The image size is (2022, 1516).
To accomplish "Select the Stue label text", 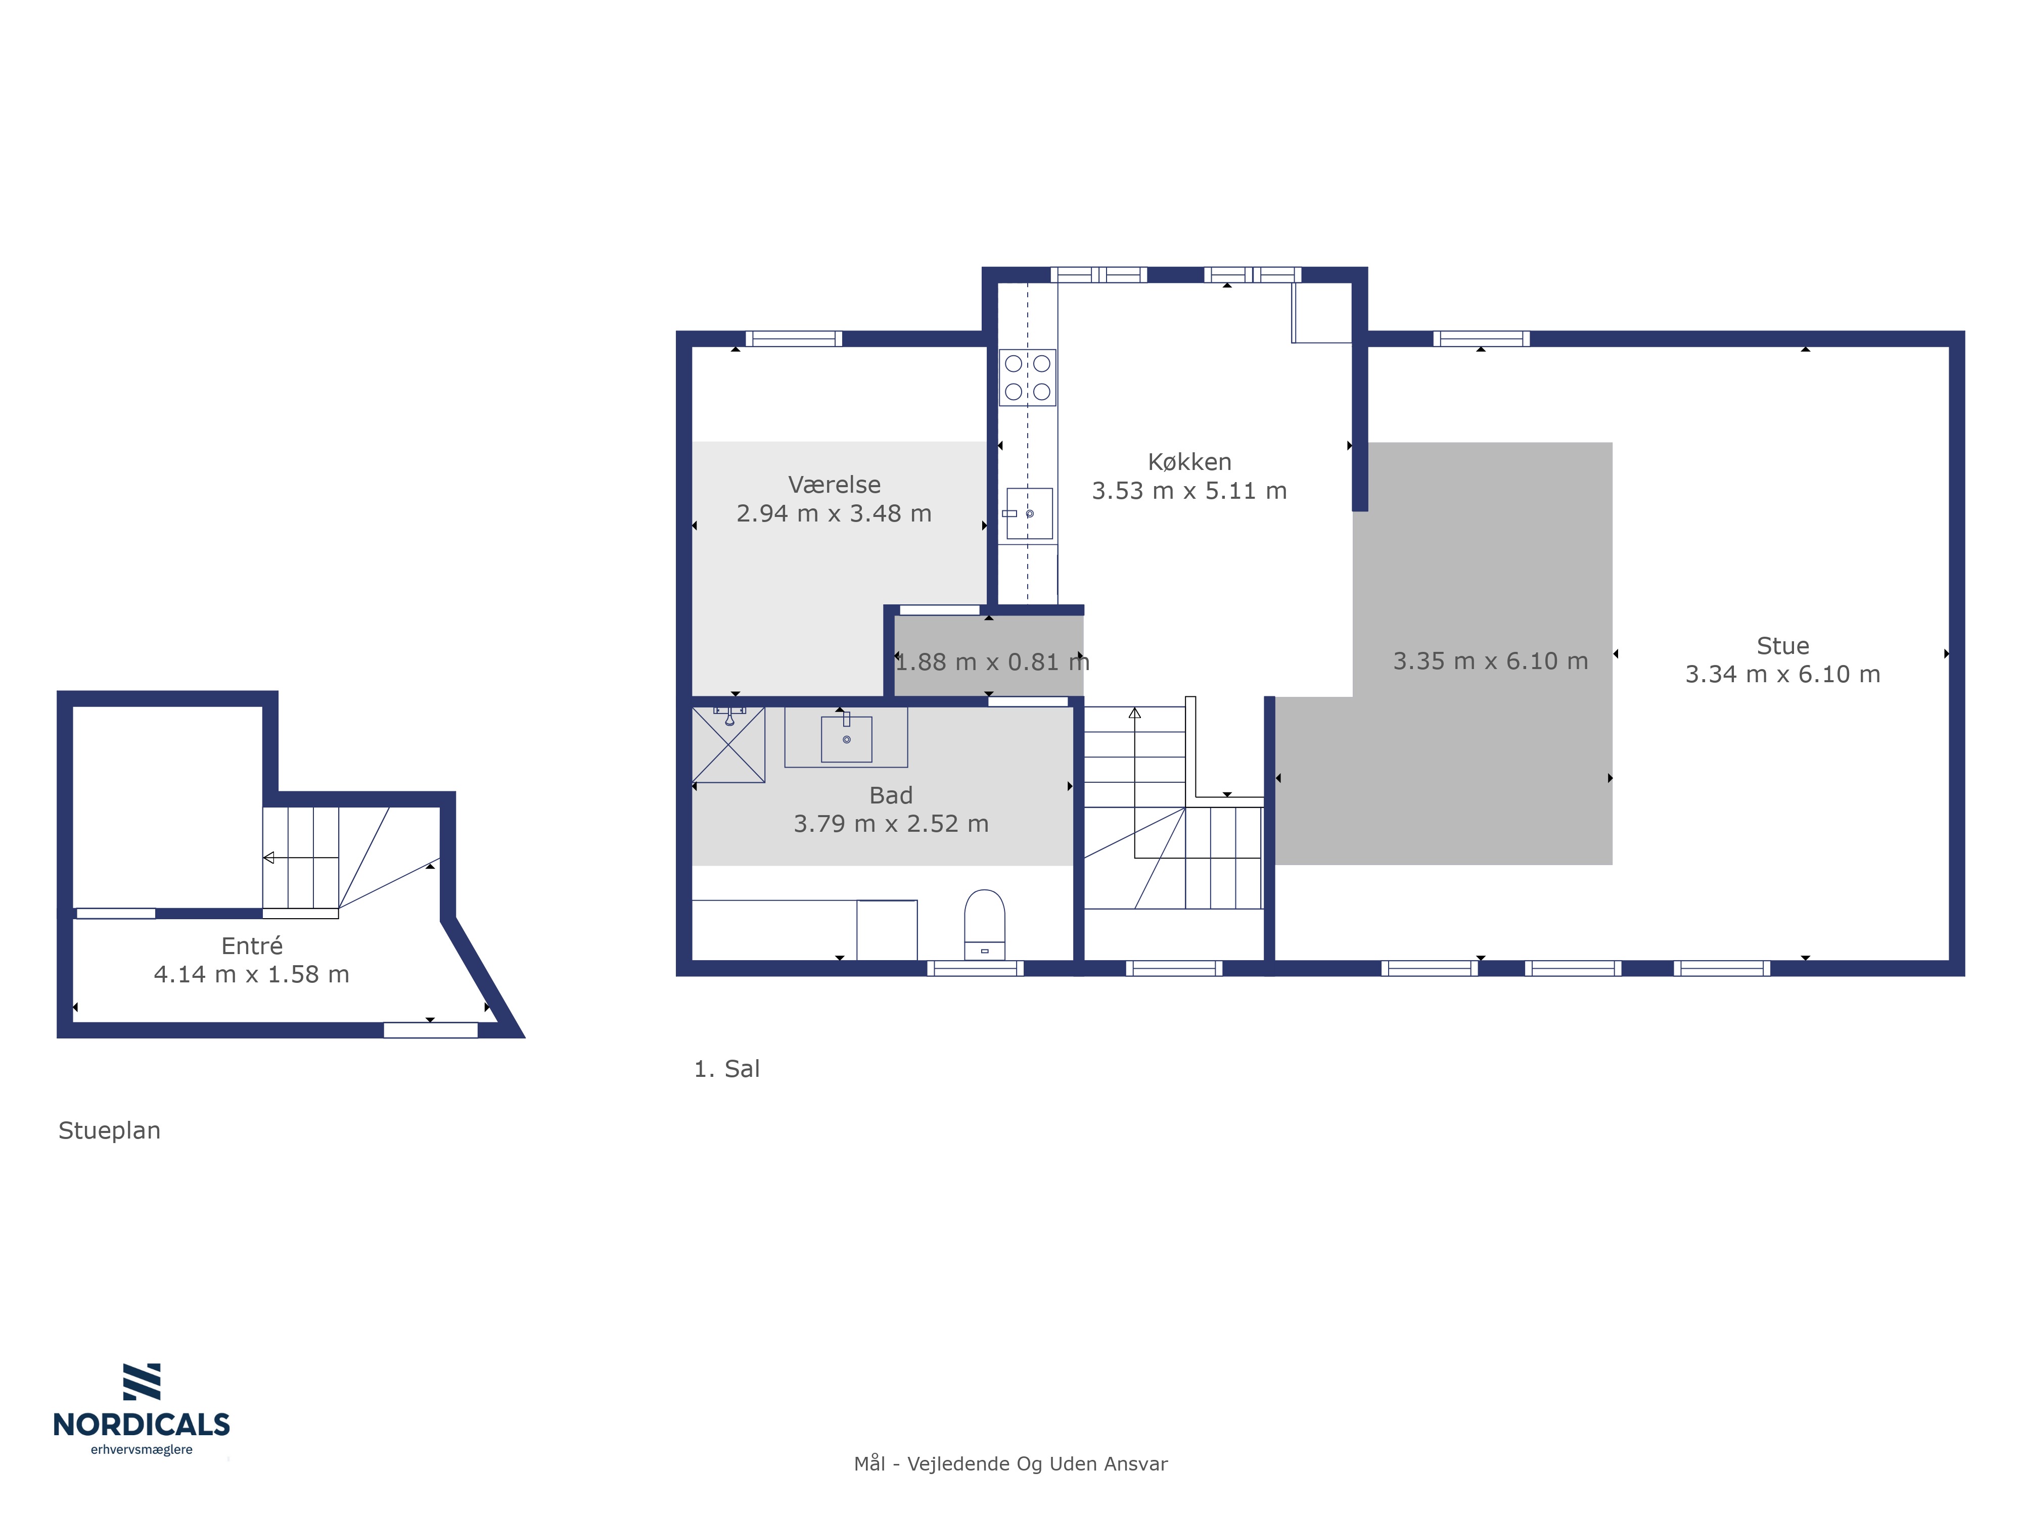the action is click(1782, 646).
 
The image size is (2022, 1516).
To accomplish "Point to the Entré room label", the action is click(251, 946).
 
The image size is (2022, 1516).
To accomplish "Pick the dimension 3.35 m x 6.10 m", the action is click(1490, 660).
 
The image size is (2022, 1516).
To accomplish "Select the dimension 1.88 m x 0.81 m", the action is click(992, 661).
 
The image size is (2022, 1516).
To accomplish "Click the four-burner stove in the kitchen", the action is click(1028, 377).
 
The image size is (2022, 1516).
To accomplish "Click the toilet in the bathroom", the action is click(985, 924).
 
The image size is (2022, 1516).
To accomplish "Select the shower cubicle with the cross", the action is click(728, 745).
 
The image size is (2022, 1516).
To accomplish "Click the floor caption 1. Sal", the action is click(727, 1068).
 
